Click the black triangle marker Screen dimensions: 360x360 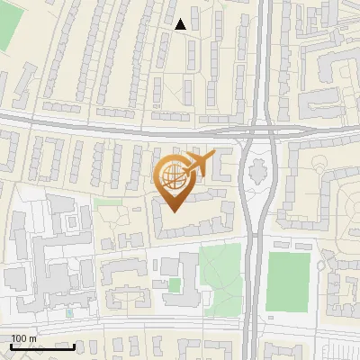[x=181, y=24]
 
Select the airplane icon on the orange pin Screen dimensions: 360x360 [x=199, y=164]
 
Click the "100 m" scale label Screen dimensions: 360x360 [x=23, y=338]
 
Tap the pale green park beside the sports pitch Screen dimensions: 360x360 [x=220, y=274]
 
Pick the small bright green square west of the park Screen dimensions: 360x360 [x=174, y=284]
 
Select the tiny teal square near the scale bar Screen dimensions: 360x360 [x=69, y=313]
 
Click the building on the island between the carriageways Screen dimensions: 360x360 [x=257, y=170]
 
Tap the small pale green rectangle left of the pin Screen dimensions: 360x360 [x=109, y=203]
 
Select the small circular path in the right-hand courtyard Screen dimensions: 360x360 [x=322, y=165]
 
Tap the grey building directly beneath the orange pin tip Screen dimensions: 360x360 [x=184, y=225]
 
